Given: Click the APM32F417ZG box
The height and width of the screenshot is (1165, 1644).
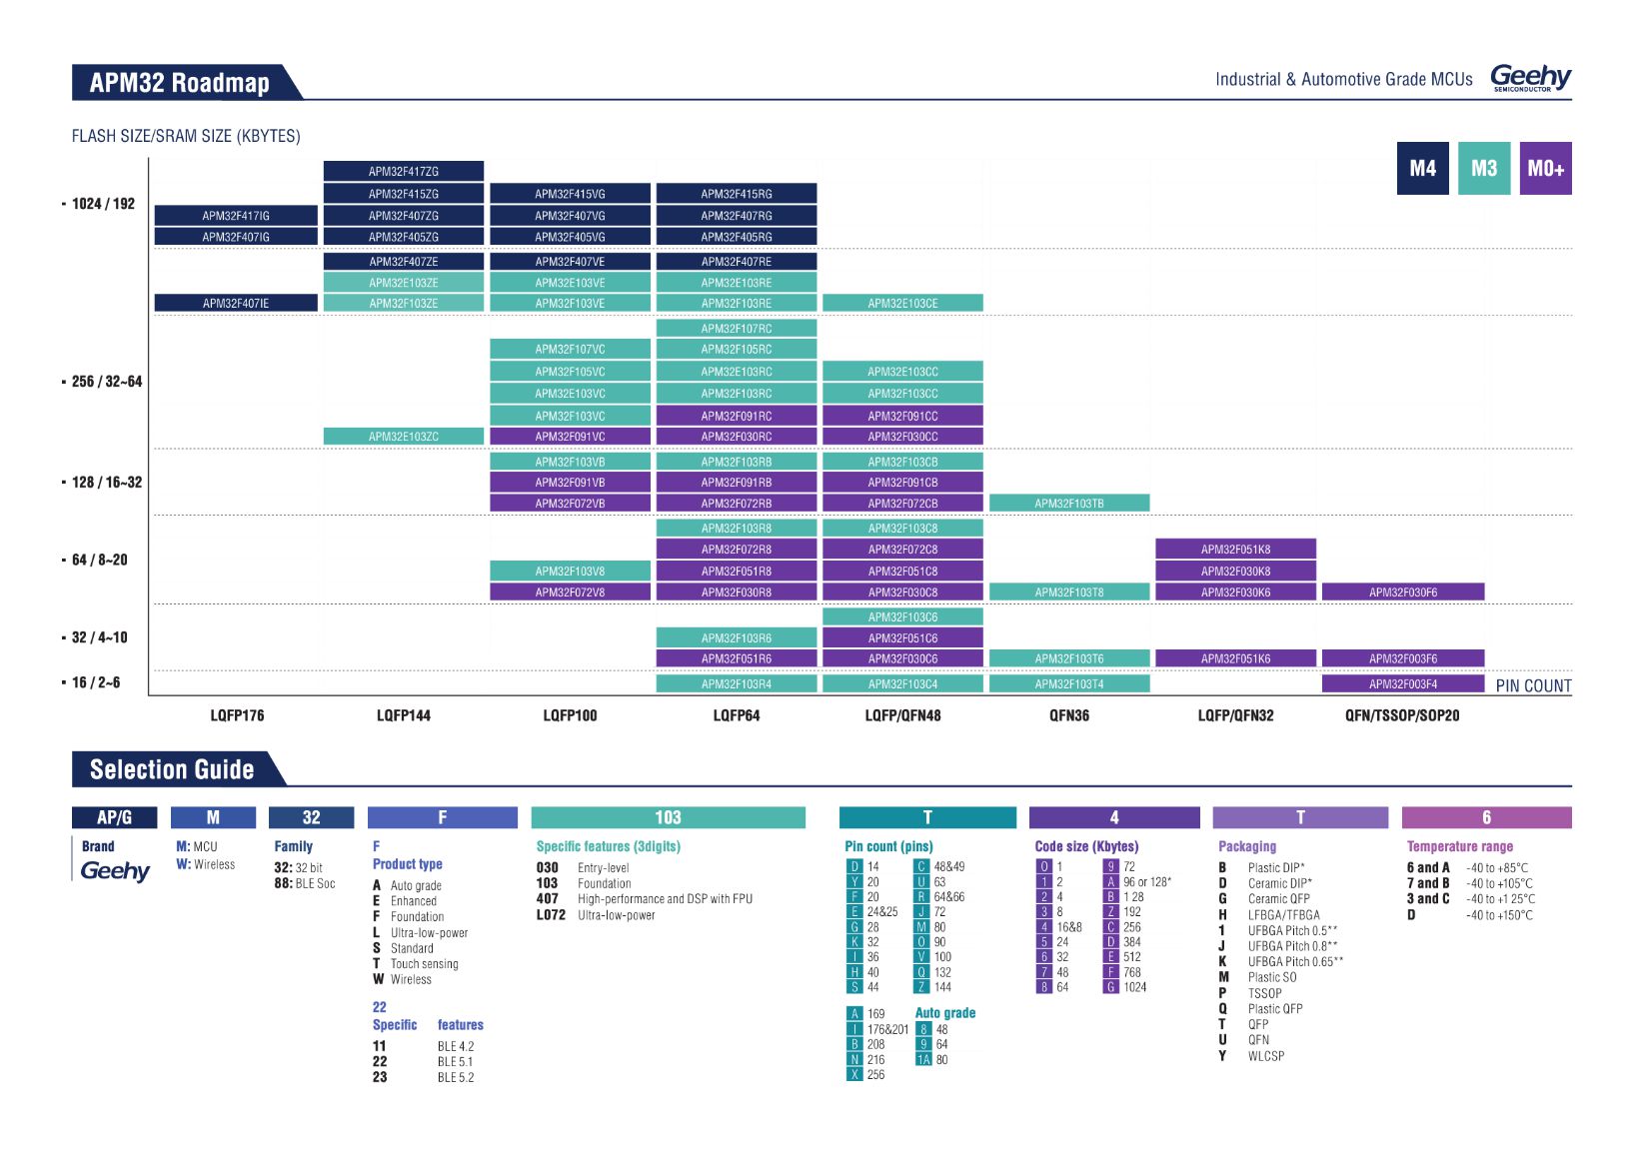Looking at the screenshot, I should point(403,172).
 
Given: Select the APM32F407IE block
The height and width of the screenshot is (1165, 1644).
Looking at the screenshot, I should point(236,303).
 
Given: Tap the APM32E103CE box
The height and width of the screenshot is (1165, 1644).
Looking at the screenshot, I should point(902,303).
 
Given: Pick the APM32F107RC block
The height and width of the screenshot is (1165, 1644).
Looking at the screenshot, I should point(736,328).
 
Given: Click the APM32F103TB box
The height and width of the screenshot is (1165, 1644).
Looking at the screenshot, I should point(1068,504).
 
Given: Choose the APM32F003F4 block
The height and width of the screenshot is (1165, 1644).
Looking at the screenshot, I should point(1402,684).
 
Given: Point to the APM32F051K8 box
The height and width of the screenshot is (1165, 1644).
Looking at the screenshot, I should point(1235,549).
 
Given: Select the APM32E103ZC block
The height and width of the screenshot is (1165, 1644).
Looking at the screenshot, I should point(403,437).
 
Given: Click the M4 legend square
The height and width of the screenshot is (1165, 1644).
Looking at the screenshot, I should point(1422,169).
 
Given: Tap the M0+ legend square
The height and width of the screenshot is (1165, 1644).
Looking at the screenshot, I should point(1545,169).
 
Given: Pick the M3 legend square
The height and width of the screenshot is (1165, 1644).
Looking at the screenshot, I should point(1483,169).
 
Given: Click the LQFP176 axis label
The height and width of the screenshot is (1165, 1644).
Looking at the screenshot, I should point(237,715).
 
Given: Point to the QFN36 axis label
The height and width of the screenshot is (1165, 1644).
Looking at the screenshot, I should point(1068,715).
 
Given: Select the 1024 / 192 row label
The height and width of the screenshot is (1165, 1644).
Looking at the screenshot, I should point(103,204).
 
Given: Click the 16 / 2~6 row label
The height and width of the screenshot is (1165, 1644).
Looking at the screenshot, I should point(96,682).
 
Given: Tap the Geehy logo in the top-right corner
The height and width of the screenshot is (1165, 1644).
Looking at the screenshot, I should point(1530,77).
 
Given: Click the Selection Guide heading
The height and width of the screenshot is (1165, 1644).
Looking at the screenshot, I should point(172,769).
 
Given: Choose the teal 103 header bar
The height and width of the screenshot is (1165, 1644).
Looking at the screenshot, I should point(668,817).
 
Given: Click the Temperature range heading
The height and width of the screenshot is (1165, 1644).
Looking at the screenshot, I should point(1459,846).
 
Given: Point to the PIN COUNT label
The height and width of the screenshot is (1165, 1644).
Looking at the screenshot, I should point(1533,685).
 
